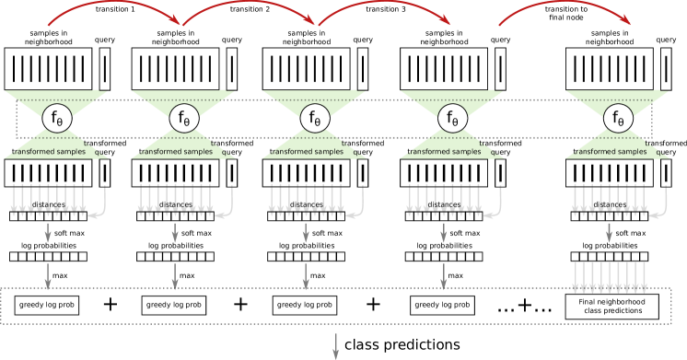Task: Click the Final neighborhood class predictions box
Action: point(611,307)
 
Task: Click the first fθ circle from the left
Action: point(57,118)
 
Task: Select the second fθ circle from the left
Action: point(184,118)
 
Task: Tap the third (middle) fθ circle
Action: point(315,118)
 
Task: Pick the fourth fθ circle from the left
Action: point(452,118)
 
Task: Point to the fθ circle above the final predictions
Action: point(618,118)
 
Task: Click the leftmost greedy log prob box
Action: point(47,305)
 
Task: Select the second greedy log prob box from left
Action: point(174,305)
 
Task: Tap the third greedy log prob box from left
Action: point(305,305)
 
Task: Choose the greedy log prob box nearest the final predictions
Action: point(442,305)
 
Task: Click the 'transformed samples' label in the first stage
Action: point(49,151)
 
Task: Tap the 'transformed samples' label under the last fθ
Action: point(611,151)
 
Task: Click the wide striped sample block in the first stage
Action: point(49,69)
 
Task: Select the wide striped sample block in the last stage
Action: point(609,69)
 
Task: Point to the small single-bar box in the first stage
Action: point(105,69)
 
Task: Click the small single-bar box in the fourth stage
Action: point(500,69)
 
